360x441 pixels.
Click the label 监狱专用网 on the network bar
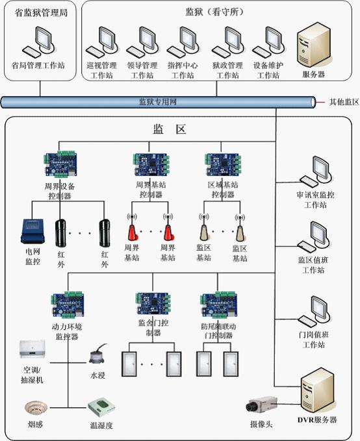(x=158, y=102)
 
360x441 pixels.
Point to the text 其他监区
(x=344, y=102)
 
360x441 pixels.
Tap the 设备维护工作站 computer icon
(x=268, y=43)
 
